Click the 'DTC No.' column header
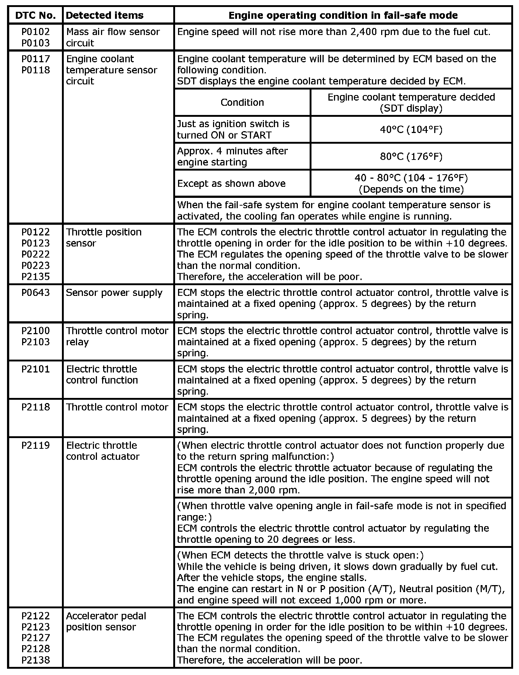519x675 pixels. [x=36, y=15]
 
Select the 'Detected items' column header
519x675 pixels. [x=105, y=15]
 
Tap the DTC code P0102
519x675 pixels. [x=36, y=32]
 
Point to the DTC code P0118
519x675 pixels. [x=36, y=70]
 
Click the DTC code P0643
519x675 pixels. [x=36, y=293]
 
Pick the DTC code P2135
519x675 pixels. [x=36, y=276]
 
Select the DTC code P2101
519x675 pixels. [x=36, y=369]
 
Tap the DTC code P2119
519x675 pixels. [x=36, y=445]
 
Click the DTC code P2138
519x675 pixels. [x=36, y=660]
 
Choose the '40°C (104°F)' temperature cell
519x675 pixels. [x=411, y=129]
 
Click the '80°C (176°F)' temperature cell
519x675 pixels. [x=411, y=157]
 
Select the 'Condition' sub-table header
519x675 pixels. [x=242, y=102]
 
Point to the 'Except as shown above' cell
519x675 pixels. [x=231, y=183]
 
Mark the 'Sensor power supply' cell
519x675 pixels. [x=114, y=293]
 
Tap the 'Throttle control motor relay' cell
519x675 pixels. [x=117, y=336]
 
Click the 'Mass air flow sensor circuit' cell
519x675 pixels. [x=113, y=37]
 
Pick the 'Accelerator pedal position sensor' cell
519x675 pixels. [x=106, y=621]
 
